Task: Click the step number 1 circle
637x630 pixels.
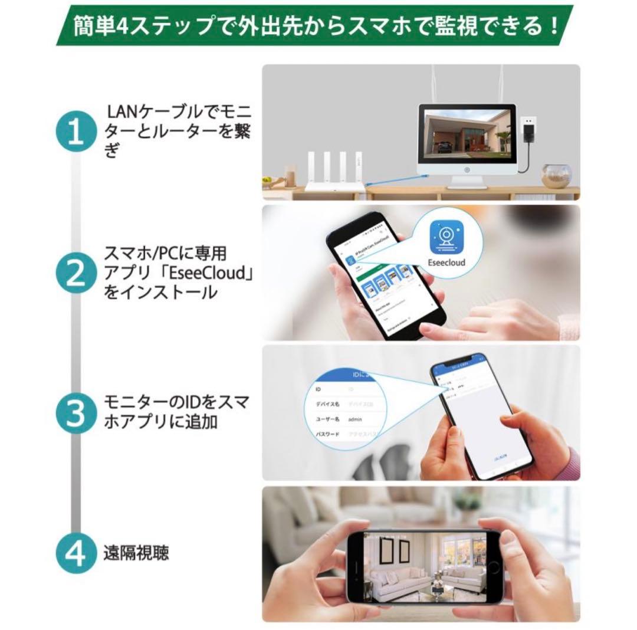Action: pos(75,134)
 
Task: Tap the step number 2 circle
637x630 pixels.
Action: pos(75,274)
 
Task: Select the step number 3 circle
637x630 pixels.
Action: pos(75,413)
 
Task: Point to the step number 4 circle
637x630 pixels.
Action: pos(75,553)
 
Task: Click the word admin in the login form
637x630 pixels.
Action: pos(355,419)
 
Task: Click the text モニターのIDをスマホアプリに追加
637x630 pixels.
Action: pos(176,412)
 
